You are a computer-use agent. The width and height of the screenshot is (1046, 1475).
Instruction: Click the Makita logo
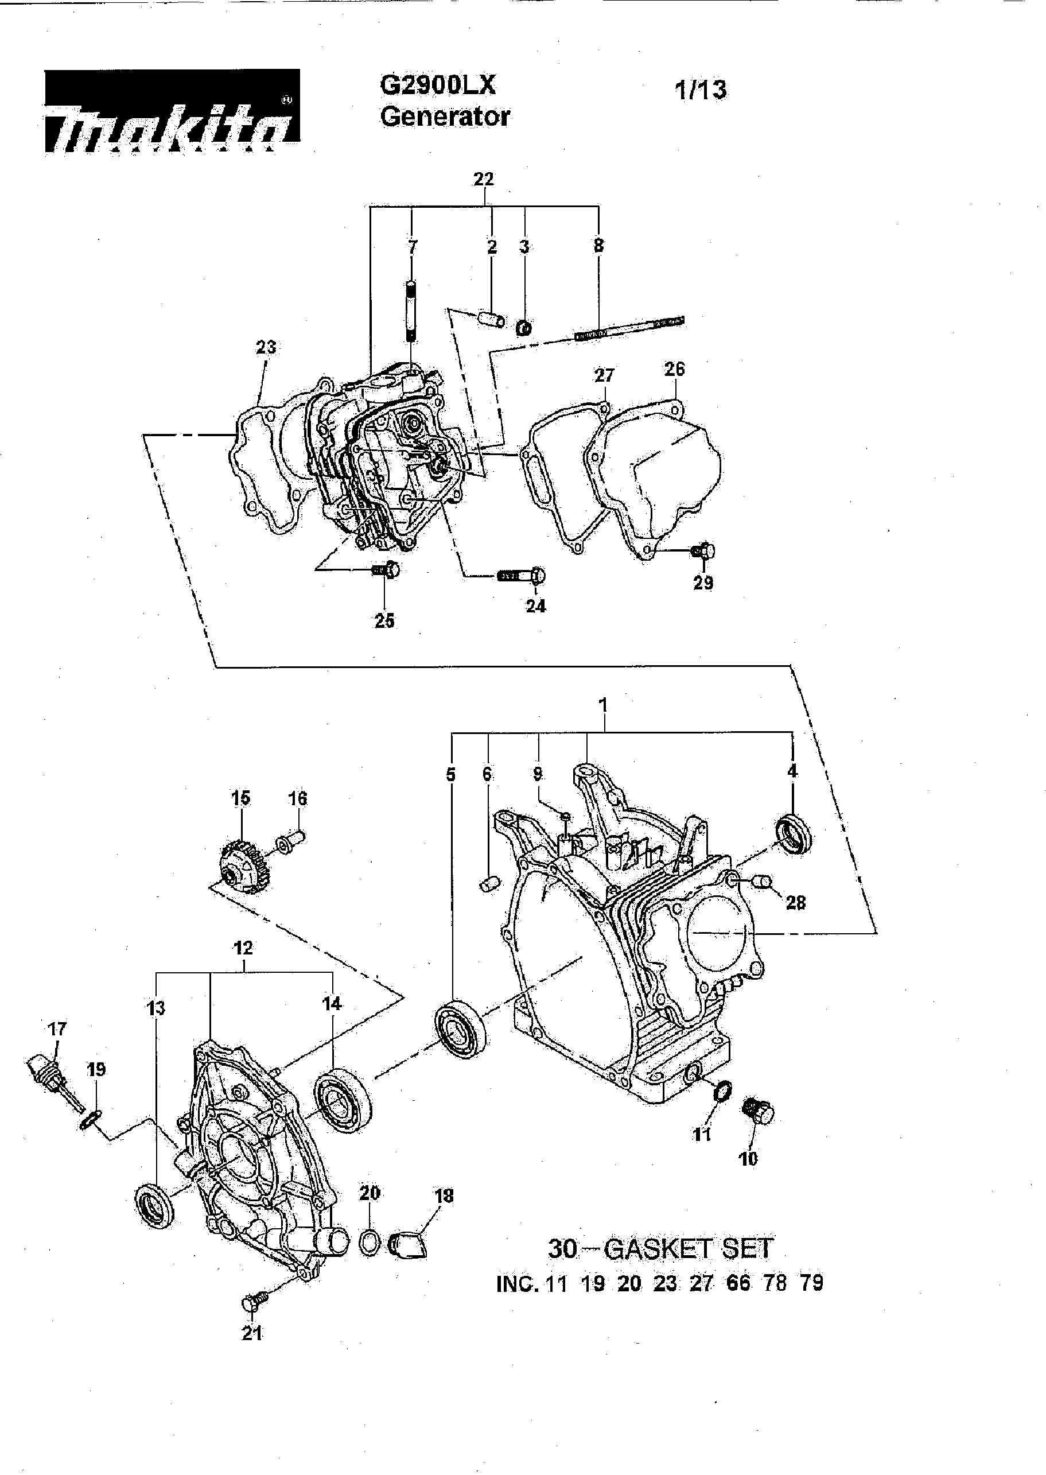pyautogui.click(x=172, y=111)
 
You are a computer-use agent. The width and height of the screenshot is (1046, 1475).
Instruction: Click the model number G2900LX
pyautogui.click(x=437, y=85)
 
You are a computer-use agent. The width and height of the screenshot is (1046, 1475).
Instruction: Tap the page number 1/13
pyautogui.click(x=700, y=90)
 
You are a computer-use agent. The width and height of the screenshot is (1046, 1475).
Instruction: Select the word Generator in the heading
pyautogui.click(x=445, y=117)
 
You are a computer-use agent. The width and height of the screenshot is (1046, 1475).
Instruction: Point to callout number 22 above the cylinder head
pyautogui.click(x=483, y=179)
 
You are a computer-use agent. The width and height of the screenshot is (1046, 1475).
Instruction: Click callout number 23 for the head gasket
pyautogui.click(x=266, y=347)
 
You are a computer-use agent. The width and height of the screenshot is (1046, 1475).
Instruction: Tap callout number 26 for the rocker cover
pyautogui.click(x=674, y=369)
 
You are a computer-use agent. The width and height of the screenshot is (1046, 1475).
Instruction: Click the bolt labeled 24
pyautogui.click(x=522, y=575)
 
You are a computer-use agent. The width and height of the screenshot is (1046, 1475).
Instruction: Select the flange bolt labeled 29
pyautogui.click(x=703, y=551)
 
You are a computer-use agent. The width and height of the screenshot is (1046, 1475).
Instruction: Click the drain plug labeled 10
pyautogui.click(x=759, y=1112)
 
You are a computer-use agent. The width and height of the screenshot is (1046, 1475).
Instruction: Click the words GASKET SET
pyautogui.click(x=689, y=1249)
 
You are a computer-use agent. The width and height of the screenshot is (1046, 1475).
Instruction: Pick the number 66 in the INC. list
pyautogui.click(x=738, y=1284)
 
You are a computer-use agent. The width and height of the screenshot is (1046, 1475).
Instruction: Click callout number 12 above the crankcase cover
pyautogui.click(x=243, y=948)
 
